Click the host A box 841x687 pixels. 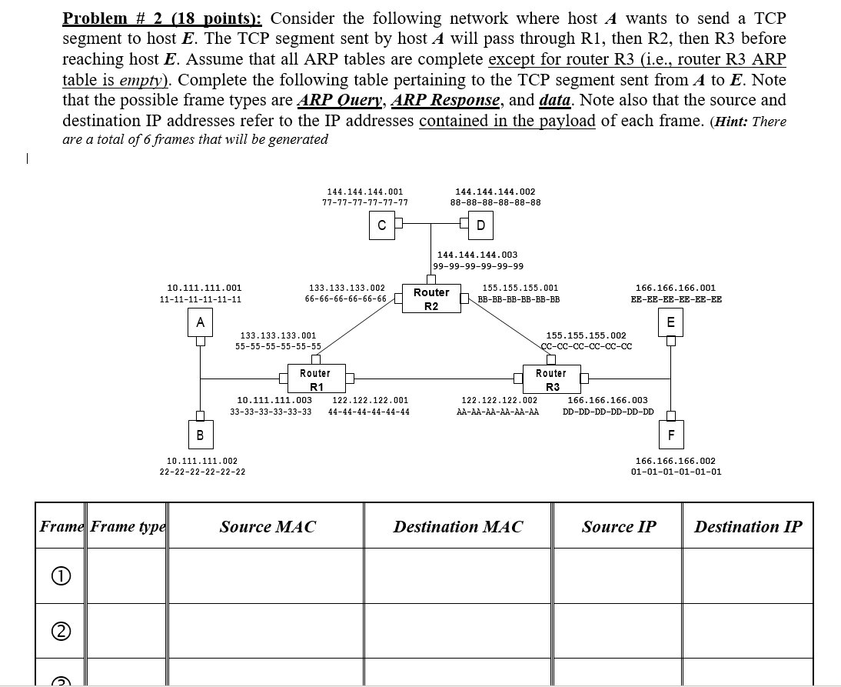(200, 322)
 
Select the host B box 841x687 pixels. (200, 435)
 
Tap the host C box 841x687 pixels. (381, 225)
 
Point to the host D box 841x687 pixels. (480, 225)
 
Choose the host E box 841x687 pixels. (671, 321)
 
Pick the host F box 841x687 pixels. (671, 435)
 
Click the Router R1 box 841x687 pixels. (315, 379)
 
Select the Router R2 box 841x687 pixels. (431, 298)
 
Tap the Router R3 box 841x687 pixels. (551, 379)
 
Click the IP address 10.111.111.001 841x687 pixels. (199, 288)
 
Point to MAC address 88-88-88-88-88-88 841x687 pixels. (495, 203)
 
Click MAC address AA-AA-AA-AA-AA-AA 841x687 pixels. (497, 412)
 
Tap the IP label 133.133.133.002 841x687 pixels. (347, 288)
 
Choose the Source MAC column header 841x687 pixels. (268, 527)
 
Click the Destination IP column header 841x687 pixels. (747, 527)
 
